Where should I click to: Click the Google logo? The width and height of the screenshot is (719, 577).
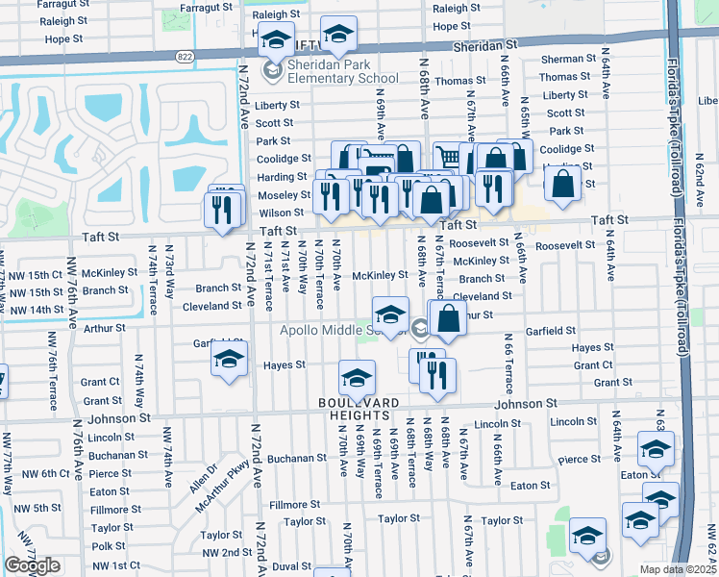tap(33, 565)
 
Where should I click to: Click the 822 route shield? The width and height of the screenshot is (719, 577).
tap(184, 57)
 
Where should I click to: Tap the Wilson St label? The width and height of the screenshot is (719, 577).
tap(281, 213)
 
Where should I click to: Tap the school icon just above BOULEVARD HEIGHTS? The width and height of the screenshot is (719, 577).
tap(357, 378)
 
